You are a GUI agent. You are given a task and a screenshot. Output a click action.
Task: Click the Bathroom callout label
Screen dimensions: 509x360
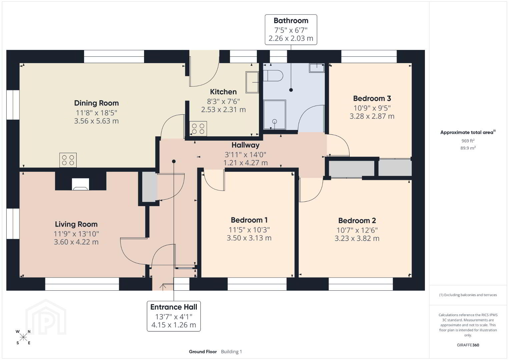291,30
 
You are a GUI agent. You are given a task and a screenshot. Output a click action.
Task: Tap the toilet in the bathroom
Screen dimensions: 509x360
273,76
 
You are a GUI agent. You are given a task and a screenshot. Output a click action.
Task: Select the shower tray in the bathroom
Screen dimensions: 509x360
275,115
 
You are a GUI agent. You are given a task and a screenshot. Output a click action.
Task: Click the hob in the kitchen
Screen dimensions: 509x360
198,129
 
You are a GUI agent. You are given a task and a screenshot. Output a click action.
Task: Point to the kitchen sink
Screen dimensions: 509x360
252,82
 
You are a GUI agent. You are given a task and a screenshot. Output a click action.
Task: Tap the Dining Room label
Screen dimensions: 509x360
96,103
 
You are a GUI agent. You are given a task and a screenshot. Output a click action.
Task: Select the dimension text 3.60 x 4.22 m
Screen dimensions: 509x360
76,242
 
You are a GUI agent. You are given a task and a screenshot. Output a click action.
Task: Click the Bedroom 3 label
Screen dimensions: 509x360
372,98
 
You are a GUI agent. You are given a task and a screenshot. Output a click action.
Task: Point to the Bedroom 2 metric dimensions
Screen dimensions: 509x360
357,238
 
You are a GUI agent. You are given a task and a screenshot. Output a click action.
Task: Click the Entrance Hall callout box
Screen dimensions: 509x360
173,316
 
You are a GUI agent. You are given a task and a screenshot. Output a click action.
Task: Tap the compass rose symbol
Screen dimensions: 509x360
23,337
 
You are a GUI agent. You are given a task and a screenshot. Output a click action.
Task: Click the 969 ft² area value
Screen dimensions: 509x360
468,141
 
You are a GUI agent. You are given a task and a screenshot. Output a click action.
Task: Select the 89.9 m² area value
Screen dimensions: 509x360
468,148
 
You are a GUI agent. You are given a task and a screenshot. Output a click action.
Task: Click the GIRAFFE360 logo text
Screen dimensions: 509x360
468,345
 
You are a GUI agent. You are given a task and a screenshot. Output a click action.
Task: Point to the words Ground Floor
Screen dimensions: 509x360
203,352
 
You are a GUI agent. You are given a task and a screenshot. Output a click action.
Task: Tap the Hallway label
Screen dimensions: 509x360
245,145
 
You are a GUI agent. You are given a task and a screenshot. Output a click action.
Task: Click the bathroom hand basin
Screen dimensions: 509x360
317,68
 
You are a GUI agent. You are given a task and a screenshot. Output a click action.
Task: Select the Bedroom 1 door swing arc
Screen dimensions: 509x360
210,185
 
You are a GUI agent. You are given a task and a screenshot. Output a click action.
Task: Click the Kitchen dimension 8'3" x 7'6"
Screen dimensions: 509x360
223,101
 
